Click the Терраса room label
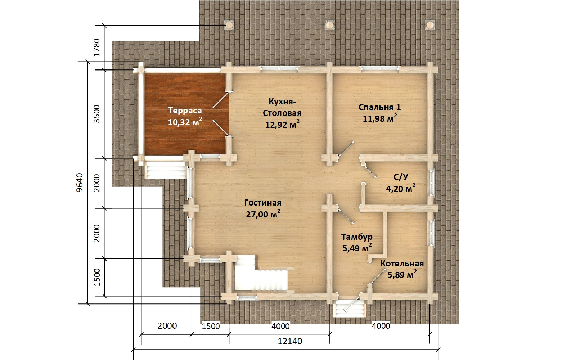pos(185,111)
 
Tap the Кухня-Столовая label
pos(282,107)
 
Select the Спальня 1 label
pos(379,107)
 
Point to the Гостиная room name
pos(262,203)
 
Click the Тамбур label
pos(357,237)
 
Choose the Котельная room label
pos(402,264)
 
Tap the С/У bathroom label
pos(401,177)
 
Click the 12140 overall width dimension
pos(290,341)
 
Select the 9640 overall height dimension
pos(80,183)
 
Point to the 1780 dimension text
pos(96,48)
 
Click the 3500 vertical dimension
pos(96,114)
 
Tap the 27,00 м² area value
pos(263,214)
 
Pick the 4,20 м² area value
pos(401,189)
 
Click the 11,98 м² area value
pos(380,118)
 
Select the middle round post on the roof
pos(329,25)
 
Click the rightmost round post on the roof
pos(430,25)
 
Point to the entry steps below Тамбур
pos(349,310)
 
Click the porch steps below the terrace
pos(165,172)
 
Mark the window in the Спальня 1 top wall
pos(379,68)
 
